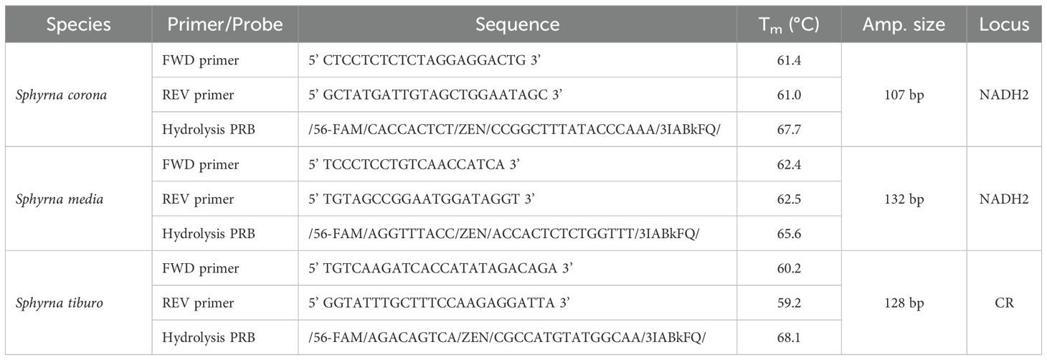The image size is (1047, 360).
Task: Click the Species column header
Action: click(x=78, y=24)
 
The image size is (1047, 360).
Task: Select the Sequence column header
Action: click(x=517, y=24)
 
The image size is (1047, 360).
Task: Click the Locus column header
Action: click(x=1003, y=24)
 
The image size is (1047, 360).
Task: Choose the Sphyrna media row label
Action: click(x=59, y=199)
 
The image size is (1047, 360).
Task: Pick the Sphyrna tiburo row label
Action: click(x=60, y=303)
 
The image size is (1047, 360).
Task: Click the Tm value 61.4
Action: click(x=789, y=60)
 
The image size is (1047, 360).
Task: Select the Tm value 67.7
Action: click(x=789, y=129)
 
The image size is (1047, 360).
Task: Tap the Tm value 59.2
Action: click(x=789, y=303)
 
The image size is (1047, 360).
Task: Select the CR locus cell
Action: click(x=1003, y=303)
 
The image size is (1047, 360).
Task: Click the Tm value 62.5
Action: click(x=789, y=199)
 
